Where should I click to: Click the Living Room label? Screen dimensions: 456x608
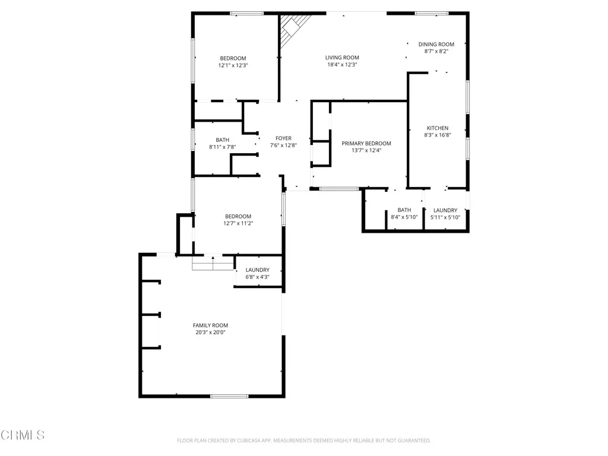(x=342, y=58)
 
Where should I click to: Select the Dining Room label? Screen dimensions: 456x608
(x=436, y=44)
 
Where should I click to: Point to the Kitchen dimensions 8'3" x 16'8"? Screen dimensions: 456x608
(x=438, y=135)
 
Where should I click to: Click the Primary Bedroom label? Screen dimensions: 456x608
(x=366, y=143)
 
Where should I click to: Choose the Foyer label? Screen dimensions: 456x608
(x=283, y=138)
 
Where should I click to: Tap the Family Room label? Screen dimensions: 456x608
(x=210, y=325)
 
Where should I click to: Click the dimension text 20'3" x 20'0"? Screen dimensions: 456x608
(x=210, y=332)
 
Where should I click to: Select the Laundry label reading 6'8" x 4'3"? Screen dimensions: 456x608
(x=258, y=270)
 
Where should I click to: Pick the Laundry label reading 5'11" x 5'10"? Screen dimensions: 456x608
(x=445, y=210)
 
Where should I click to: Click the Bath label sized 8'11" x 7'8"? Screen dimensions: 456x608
(x=222, y=140)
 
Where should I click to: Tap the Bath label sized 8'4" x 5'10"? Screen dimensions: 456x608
(x=404, y=210)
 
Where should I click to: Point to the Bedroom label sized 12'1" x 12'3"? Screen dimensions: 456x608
(x=233, y=58)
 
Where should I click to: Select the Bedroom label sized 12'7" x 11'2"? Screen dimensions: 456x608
(x=237, y=216)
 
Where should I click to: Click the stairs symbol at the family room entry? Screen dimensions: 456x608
(x=213, y=262)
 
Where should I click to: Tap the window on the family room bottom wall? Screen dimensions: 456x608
(x=229, y=395)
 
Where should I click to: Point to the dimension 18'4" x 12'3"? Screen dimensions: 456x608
(x=342, y=65)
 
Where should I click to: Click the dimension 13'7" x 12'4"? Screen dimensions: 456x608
(x=366, y=150)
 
